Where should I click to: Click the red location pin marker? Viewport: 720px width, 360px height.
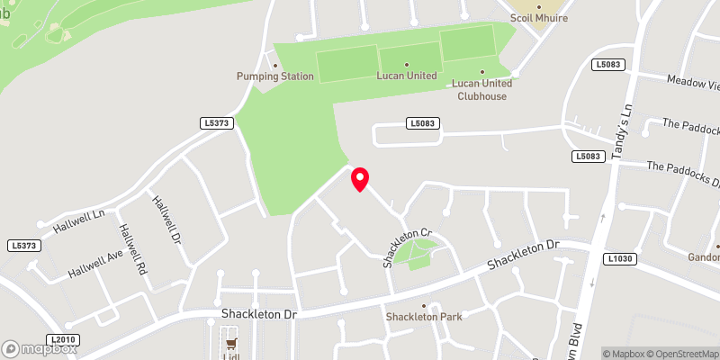(x=360, y=178)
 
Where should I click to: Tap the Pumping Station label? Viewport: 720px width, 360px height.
(x=275, y=76)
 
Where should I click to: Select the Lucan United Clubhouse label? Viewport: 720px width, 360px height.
(x=483, y=89)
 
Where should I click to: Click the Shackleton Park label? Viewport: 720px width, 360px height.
(x=424, y=317)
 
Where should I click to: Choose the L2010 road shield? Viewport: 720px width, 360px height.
(x=64, y=339)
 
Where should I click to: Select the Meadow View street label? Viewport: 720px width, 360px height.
(x=694, y=84)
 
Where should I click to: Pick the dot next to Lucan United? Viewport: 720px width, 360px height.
(x=406, y=65)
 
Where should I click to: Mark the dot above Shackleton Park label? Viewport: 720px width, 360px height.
(x=424, y=305)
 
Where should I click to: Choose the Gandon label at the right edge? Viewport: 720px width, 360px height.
(x=703, y=256)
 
